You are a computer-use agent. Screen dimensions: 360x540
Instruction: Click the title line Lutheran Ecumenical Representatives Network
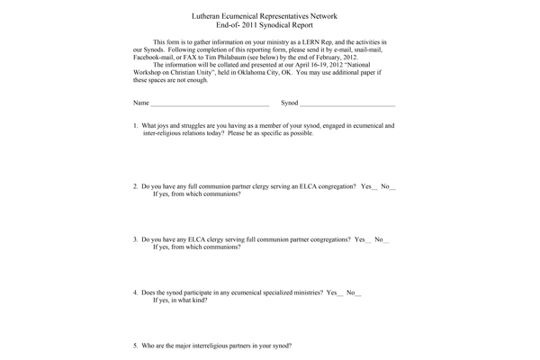270,17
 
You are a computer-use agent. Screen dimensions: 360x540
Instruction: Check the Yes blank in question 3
368,240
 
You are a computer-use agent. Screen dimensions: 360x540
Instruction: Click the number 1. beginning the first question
136,126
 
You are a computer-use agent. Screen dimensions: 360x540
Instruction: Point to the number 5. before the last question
136,346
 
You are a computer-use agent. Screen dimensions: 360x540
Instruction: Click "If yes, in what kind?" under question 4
180,301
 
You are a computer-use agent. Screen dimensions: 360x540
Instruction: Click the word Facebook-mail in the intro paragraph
154,58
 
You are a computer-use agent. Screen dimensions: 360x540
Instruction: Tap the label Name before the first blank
141,103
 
